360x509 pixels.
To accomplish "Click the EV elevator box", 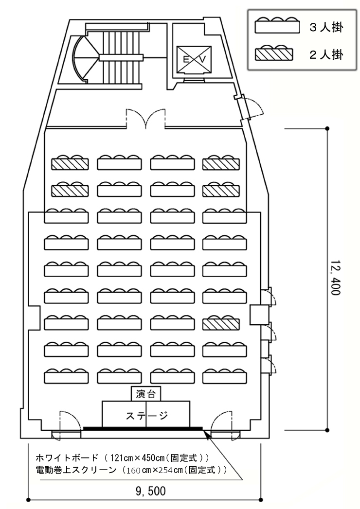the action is coord(194,60).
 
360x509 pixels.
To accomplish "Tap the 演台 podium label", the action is coord(146,394).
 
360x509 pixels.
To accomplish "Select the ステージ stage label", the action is coord(146,415).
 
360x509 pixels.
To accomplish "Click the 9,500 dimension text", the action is coord(150,491).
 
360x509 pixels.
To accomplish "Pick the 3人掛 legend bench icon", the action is coord(277,25).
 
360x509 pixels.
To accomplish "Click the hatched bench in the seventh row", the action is coord(221,323).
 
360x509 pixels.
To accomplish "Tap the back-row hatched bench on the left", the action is coord(70,162).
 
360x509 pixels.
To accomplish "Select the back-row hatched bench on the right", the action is coord(221,162).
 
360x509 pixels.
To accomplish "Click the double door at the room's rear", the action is coord(146,119).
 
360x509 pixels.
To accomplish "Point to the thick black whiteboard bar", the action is coord(143,428).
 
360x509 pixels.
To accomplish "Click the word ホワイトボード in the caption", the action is coord(67,457).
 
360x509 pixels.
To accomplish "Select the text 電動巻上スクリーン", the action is coord(75,470).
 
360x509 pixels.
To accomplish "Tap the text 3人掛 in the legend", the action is coord(326,27).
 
